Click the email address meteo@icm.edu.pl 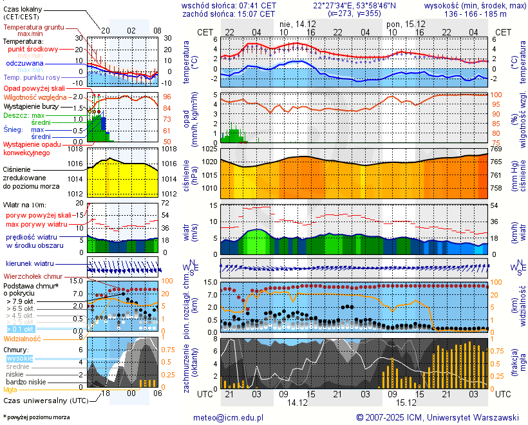coord(229,417)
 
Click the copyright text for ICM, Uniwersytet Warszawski coord(437,417)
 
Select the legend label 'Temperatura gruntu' coord(33,28)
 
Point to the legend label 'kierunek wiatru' coord(30,264)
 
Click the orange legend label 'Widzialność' coord(23,338)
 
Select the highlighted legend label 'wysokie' coord(19,358)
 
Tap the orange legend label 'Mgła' coord(10,390)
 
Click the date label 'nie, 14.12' coord(296,23)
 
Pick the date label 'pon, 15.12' coord(403,23)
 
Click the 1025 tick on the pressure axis coord(209,149)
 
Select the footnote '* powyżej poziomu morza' coord(36,417)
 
